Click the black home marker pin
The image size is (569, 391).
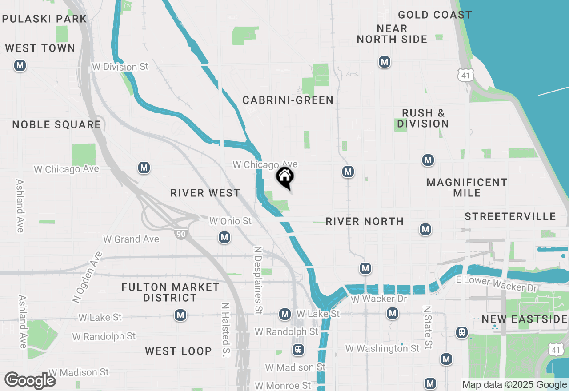[x=285, y=177]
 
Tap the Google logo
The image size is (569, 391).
[x=30, y=380]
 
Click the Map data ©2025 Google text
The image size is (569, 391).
[x=514, y=385]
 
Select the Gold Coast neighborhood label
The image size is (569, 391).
[x=435, y=15]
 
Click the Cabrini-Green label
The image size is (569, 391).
[x=288, y=100]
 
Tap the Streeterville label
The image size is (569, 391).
[x=510, y=217]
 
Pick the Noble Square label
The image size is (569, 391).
[x=56, y=125]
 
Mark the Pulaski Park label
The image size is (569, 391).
[x=44, y=19]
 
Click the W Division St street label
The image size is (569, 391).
[x=120, y=67]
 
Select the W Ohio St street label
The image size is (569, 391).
[x=230, y=221]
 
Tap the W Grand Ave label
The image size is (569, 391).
[x=131, y=239]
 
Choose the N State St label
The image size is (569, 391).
[x=428, y=327]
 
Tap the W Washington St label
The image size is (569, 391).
[x=382, y=348]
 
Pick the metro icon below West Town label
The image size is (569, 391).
[x=20, y=66]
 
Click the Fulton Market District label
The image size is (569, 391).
[x=170, y=292]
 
